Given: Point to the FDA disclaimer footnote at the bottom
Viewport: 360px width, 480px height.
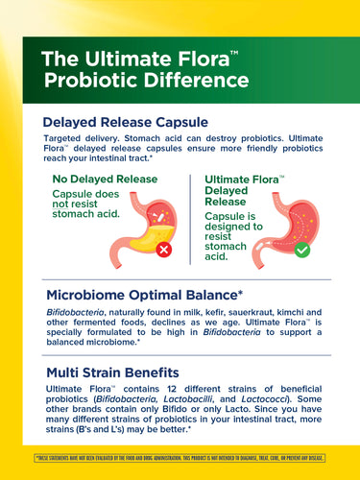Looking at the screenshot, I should [180, 457].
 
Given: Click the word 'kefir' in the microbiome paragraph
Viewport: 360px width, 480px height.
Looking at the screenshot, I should [196, 312].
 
